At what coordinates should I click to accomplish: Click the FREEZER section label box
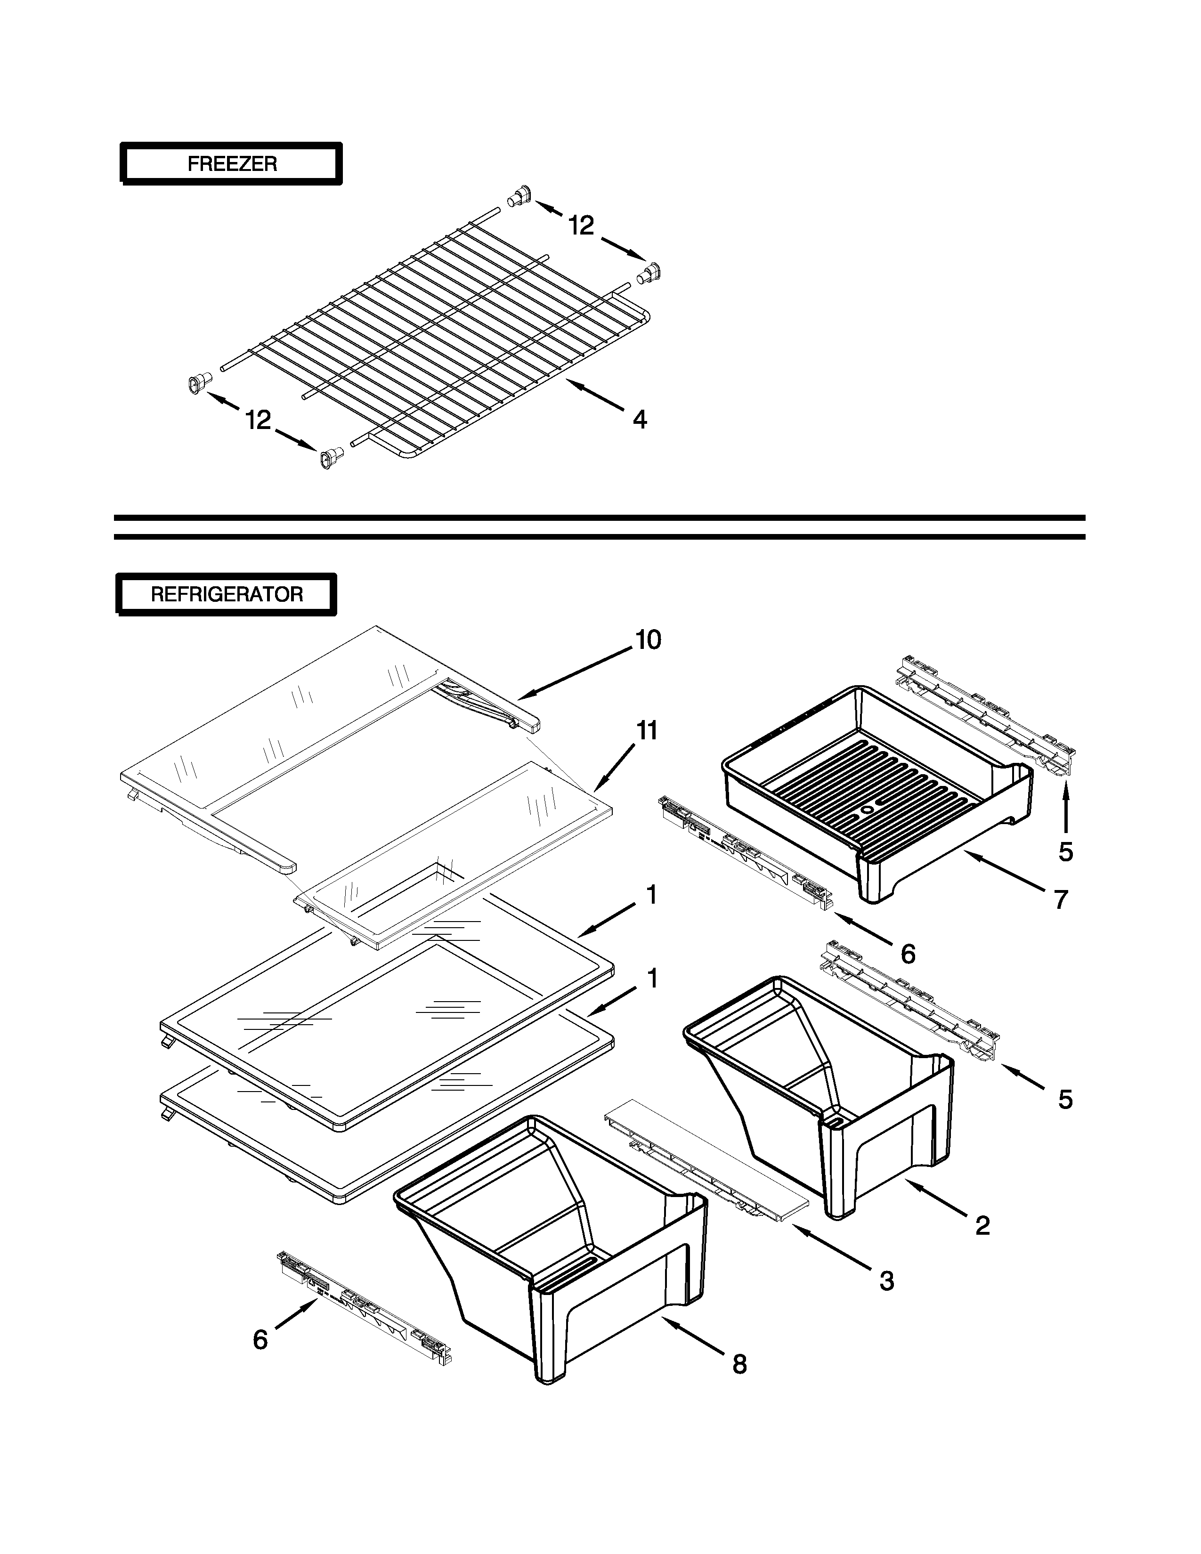coord(231,164)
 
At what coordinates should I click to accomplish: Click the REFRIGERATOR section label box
coord(226,594)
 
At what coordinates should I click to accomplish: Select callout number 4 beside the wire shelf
coord(640,420)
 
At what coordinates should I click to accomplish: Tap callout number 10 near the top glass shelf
coord(648,640)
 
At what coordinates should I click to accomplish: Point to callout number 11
coord(646,731)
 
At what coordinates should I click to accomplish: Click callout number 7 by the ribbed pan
coord(1061,900)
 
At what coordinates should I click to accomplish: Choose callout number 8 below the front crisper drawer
coord(739,1364)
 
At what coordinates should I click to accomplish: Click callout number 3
coord(886,1281)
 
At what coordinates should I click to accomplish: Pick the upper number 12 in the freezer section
coord(581,226)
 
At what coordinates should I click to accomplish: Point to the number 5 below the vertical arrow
coord(1065,852)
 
